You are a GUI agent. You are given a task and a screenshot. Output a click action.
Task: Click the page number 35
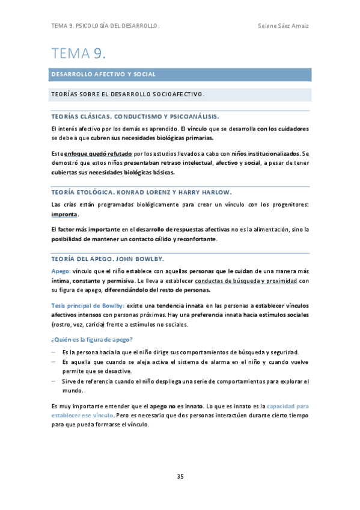(180, 477)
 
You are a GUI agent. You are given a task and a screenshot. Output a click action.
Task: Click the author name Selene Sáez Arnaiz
(283, 26)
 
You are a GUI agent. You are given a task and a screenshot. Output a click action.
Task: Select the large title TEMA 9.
(79, 54)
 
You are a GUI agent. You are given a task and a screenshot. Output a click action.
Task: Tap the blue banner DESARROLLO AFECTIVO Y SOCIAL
(103, 75)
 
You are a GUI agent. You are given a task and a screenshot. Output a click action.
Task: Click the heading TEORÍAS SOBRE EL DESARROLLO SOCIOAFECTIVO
(128, 94)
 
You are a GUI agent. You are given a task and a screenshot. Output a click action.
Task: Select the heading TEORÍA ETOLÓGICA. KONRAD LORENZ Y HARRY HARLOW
(141, 192)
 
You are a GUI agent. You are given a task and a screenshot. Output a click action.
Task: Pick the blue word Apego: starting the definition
(61, 271)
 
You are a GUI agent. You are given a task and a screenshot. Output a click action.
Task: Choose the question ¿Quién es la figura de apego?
(92, 340)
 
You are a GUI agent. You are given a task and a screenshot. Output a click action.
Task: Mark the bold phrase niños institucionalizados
(264, 154)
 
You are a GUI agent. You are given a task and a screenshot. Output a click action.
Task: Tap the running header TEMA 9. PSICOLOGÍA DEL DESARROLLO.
(105, 26)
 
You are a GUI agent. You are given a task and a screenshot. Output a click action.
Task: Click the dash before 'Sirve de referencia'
(53, 381)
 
